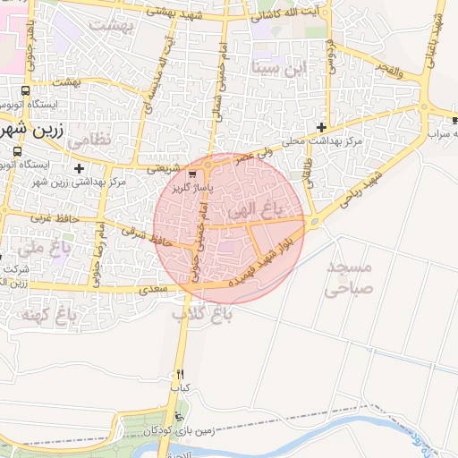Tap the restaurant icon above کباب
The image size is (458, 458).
point(181,374)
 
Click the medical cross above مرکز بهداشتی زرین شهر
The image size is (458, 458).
point(80,168)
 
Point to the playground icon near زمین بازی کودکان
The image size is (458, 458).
point(182,419)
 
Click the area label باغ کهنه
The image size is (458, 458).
point(67,314)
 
